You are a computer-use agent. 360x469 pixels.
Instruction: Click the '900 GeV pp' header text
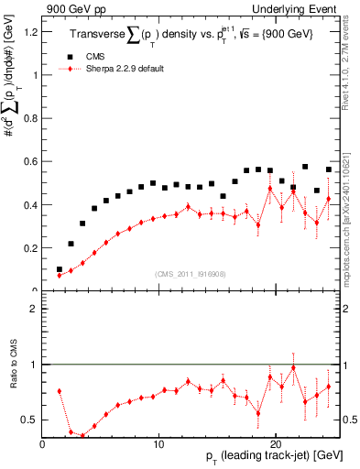71,8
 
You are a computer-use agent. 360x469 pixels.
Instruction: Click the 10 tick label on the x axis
158,444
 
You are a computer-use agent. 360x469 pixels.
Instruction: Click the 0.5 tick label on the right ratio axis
349,420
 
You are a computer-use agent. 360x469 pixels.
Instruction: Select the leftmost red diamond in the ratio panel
60,391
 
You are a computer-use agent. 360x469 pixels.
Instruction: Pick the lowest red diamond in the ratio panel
82,436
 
